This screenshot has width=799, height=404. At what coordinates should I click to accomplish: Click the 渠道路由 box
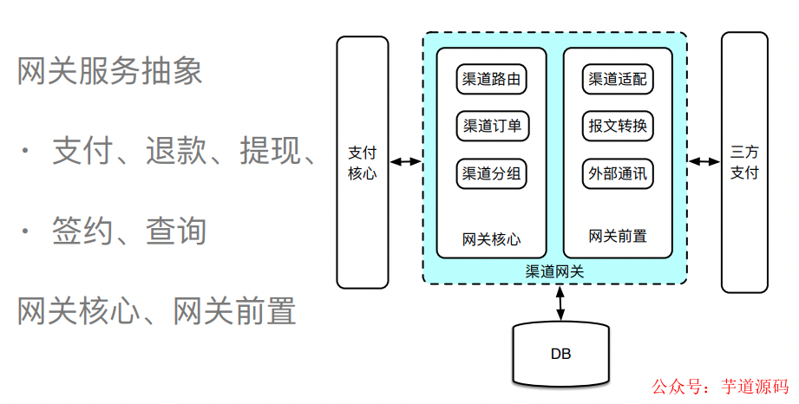pyautogui.click(x=492, y=80)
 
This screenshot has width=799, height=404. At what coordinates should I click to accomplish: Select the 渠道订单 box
pyautogui.click(x=492, y=127)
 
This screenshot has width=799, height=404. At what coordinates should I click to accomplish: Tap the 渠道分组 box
pyautogui.click(x=492, y=173)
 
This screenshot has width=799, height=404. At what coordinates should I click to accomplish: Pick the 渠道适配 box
pyautogui.click(x=617, y=80)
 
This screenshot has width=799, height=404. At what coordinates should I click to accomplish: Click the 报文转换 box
pyautogui.click(x=617, y=127)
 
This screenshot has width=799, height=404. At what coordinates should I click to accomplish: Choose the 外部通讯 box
pyautogui.click(x=617, y=173)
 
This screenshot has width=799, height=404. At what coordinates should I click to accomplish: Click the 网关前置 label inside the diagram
pyautogui.click(x=617, y=236)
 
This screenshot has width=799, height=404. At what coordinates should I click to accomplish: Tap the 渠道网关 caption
pyautogui.click(x=554, y=271)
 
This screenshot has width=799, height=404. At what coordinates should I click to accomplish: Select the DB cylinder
pyautogui.click(x=560, y=354)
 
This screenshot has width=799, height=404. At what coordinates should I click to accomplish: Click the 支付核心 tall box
pyautogui.click(x=362, y=161)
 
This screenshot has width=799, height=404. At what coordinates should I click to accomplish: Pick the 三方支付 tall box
pyautogui.click(x=744, y=161)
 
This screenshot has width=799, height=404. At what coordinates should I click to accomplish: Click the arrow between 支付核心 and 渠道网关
pyautogui.click(x=405, y=161)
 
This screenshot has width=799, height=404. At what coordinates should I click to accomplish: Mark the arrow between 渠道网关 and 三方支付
pyautogui.click(x=704, y=161)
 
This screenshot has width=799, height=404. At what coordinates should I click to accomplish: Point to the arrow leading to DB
pyautogui.click(x=560, y=302)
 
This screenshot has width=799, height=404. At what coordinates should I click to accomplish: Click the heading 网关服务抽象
pyautogui.click(x=110, y=71)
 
